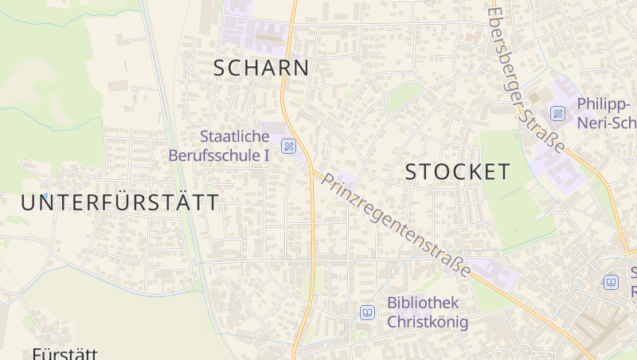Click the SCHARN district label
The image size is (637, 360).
pyautogui.click(x=261, y=68)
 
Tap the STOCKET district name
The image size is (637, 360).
pyautogui.click(x=458, y=171)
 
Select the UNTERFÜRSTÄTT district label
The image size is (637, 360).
pyautogui.click(x=119, y=202)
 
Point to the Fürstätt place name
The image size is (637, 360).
pyautogui.click(x=64, y=354)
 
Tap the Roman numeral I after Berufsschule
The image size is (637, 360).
pyautogui.click(x=266, y=155)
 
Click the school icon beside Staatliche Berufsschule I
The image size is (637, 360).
pyautogui.click(x=289, y=146)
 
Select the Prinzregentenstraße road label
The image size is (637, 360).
pyautogui.click(x=395, y=225)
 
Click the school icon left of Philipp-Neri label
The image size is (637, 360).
pyautogui.click(x=558, y=113)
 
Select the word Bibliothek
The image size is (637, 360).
pyautogui.click(x=424, y=303)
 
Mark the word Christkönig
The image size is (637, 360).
pyautogui.click(x=428, y=322)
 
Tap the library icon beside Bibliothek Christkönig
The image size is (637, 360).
pyautogui.click(x=367, y=312)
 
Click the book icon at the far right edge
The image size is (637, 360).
pyautogui.click(x=612, y=283)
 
